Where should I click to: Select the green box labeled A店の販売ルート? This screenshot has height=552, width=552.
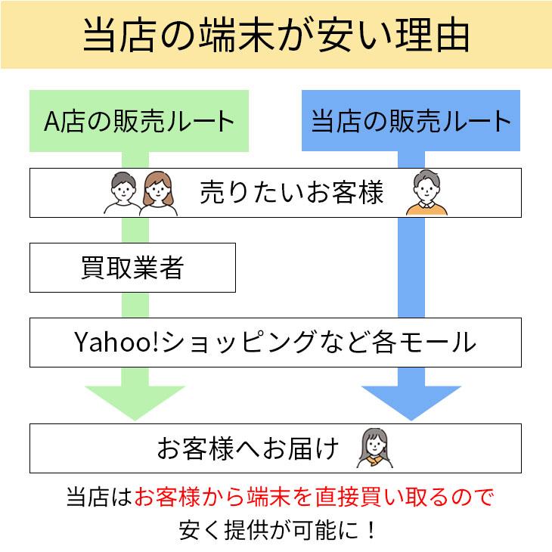pos(139,121)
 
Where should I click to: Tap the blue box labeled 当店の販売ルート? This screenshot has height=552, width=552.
pos(411,121)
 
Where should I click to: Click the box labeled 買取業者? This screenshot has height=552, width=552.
pos(132,268)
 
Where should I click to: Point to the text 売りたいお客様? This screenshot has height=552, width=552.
pos(291,193)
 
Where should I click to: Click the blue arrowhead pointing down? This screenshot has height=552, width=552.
pos(411,401)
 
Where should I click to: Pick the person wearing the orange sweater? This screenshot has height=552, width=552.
pos(426,194)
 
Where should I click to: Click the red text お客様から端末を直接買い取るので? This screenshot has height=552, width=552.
pos(314,497)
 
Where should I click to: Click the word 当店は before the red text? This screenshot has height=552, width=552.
pos(99,497)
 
